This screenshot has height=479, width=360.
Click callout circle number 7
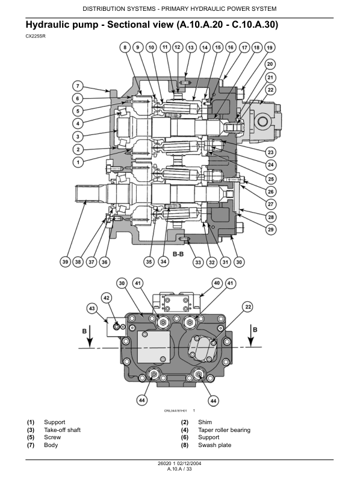[x=78, y=86]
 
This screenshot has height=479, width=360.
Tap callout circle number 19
[x=270, y=48]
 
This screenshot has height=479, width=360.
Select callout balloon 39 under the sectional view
[x=65, y=262]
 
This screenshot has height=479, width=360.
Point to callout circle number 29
[x=270, y=230]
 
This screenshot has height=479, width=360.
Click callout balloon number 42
[x=107, y=298]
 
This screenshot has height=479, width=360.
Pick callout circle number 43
[x=92, y=308]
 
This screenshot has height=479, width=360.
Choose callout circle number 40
[x=217, y=283]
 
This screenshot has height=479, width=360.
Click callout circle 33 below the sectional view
[x=198, y=262]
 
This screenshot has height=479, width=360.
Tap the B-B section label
[x=178, y=254]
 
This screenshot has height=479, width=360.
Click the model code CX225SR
[x=36, y=36]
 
